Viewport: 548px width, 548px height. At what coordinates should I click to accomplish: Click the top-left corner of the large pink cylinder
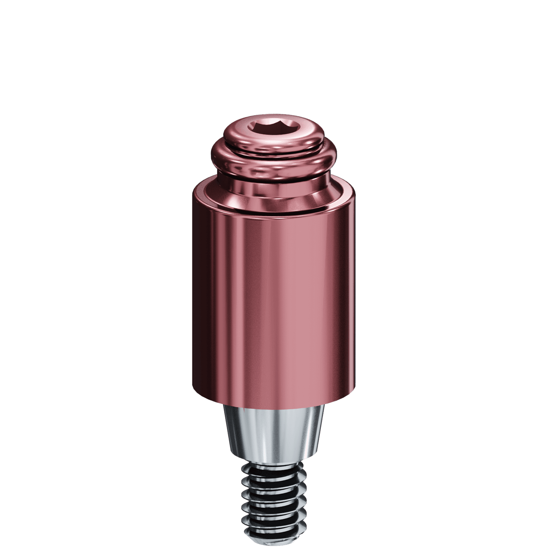pos(193,194)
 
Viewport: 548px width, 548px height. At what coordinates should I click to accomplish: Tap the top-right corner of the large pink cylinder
pos(354,194)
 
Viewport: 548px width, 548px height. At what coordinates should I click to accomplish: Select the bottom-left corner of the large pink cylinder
pos(193,388)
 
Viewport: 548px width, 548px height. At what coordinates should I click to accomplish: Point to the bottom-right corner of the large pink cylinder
pos(354,388)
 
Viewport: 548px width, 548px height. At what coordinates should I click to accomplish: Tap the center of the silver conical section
pos(274,433)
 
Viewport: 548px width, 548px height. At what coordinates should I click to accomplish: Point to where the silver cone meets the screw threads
pos(274,460)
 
